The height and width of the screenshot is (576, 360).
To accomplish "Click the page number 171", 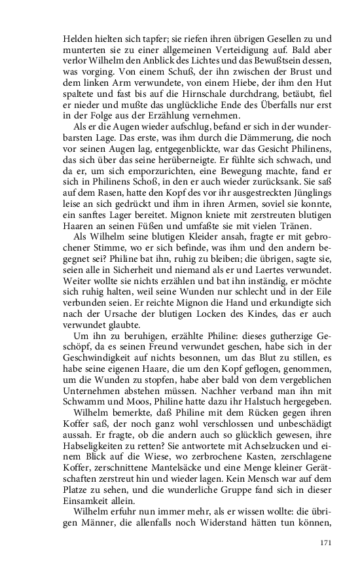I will pos(327,543).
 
